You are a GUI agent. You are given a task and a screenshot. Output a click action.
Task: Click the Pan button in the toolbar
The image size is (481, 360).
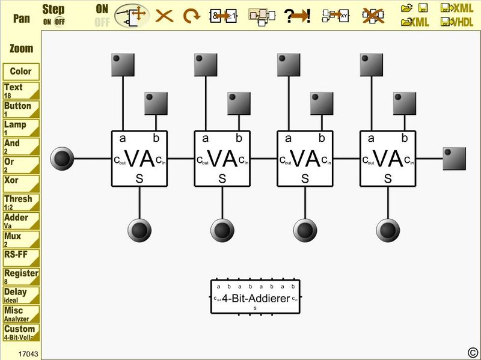[x=22, y=17]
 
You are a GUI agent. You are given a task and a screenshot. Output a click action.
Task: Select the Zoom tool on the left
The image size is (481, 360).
[x=21, y=48]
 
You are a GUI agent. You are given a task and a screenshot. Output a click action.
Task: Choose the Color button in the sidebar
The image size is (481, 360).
[x=21, y=71]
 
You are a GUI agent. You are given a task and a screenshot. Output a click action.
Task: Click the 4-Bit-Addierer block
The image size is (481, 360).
[x=255, y=297]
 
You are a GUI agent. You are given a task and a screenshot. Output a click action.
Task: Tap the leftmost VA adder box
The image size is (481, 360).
[x=139, y=159]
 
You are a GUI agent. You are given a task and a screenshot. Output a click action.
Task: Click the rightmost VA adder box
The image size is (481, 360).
[x=388, y=159]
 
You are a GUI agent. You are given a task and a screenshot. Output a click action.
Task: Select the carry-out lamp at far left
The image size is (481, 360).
[x=62, y=159]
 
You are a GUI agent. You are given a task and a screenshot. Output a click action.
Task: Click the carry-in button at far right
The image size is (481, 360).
[x=454, y=159]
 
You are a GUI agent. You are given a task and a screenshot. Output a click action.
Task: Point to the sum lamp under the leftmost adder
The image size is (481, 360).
[x=139, y=230]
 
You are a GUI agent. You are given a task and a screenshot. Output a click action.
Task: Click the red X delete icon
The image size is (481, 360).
[x=164, y=16]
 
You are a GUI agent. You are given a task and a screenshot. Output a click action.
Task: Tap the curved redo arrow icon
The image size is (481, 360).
[x=191, y=16]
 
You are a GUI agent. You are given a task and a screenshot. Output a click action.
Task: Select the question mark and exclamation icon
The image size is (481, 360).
[x=297, y=16]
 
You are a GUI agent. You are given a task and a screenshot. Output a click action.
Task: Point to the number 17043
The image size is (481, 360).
[x=28, y=354]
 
